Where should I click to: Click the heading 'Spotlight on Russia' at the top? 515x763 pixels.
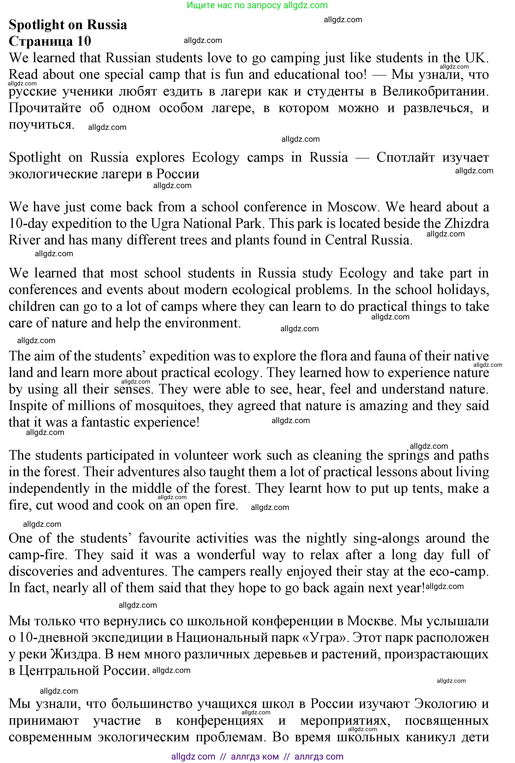pos(68,25)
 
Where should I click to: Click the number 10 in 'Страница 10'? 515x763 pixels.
pos(84,41)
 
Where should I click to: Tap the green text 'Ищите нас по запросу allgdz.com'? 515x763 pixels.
pos(257,5)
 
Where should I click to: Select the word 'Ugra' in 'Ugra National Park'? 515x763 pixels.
pos(165,224)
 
